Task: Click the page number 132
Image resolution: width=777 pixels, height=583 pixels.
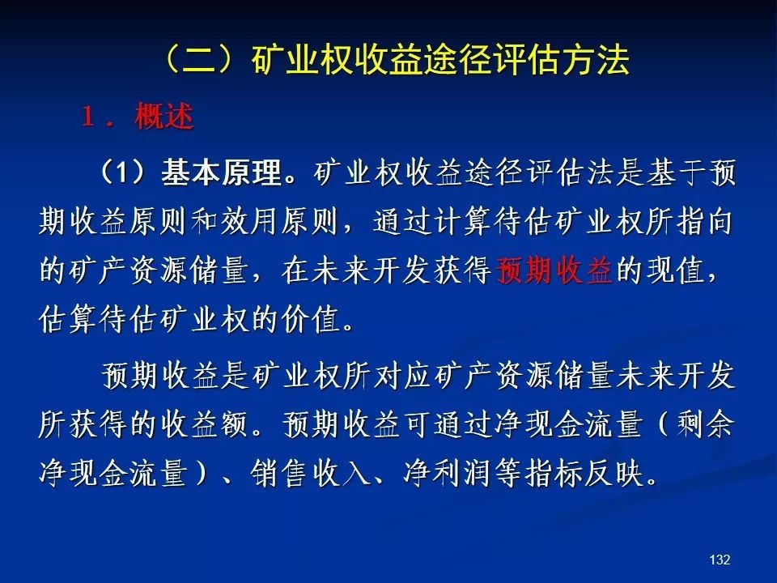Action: tap(720, 560)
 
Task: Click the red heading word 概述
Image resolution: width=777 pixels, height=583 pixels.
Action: tap(164, 117)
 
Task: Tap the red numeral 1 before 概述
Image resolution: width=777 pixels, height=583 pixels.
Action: tap(88, 117)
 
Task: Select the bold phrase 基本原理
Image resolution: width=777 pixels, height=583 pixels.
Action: tap(222, 172)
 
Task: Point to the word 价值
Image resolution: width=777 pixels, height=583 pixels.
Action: tap(311, 319)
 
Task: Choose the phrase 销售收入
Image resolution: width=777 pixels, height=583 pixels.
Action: tap(311, 472)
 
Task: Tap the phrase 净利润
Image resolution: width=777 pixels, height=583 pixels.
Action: tap(447, 472)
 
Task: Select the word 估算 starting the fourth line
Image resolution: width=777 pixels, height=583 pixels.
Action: tap(68, 319)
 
